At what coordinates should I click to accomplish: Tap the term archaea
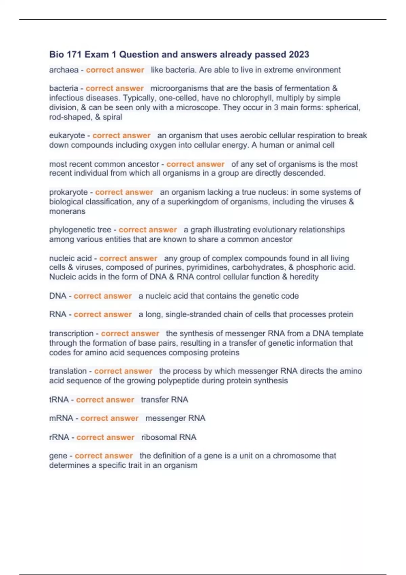click(64, 70)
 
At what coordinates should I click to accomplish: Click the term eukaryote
click(67, 136)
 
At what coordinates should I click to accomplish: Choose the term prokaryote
click(68, 192)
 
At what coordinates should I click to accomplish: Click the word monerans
click(67, 211)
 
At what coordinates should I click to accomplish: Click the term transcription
click(71, 333)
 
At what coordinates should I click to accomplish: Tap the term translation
click(68, 371)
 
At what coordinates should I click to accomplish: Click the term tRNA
click(59, 400)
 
